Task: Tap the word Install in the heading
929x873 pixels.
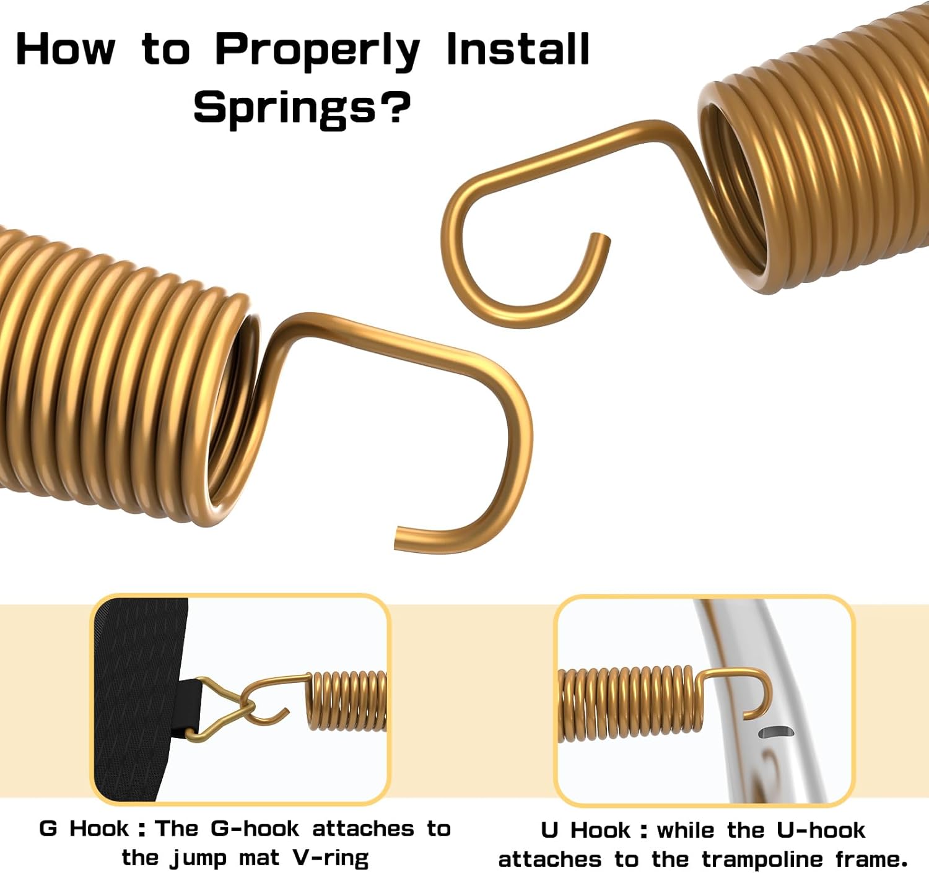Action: tap(517, 49)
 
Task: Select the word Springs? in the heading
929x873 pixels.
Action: tap(302, 108)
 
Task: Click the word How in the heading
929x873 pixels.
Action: tap(66, 49)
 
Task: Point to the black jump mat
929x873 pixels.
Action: tap(136, 698)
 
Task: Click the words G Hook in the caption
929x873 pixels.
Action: tap(84, 828)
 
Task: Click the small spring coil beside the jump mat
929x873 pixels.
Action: tap(346, 700)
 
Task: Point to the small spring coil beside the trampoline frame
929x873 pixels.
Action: tap(630, 703)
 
